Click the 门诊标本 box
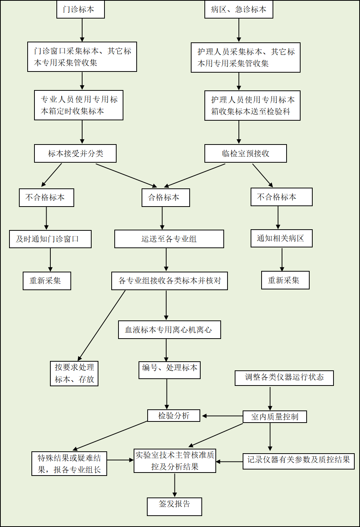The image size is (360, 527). (81, 9)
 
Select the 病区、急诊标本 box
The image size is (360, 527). (239, 9)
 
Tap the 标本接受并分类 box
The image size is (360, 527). (75, 153)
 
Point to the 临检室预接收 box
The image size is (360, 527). (246, 153)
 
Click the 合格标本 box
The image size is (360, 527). (166, 197)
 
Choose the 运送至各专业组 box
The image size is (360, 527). (169, 239)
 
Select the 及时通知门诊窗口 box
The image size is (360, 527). (50, 239)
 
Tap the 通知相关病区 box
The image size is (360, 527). (282, 238)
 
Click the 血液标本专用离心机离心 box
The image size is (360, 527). (170, 330)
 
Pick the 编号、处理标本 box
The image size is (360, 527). (170, 370)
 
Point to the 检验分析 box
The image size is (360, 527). (174, 415)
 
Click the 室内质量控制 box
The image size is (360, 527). (275, 417)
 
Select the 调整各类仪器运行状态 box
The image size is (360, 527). (284, 378)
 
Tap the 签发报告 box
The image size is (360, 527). (175, 507)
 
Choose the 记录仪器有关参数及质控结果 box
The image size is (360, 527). (299, 461)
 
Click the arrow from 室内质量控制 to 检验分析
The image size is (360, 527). (223, 416)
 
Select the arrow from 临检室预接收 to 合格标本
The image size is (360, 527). (195, 176)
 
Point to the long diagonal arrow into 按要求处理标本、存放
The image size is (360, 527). (101, 325)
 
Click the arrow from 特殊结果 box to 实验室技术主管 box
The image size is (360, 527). (120, 460)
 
